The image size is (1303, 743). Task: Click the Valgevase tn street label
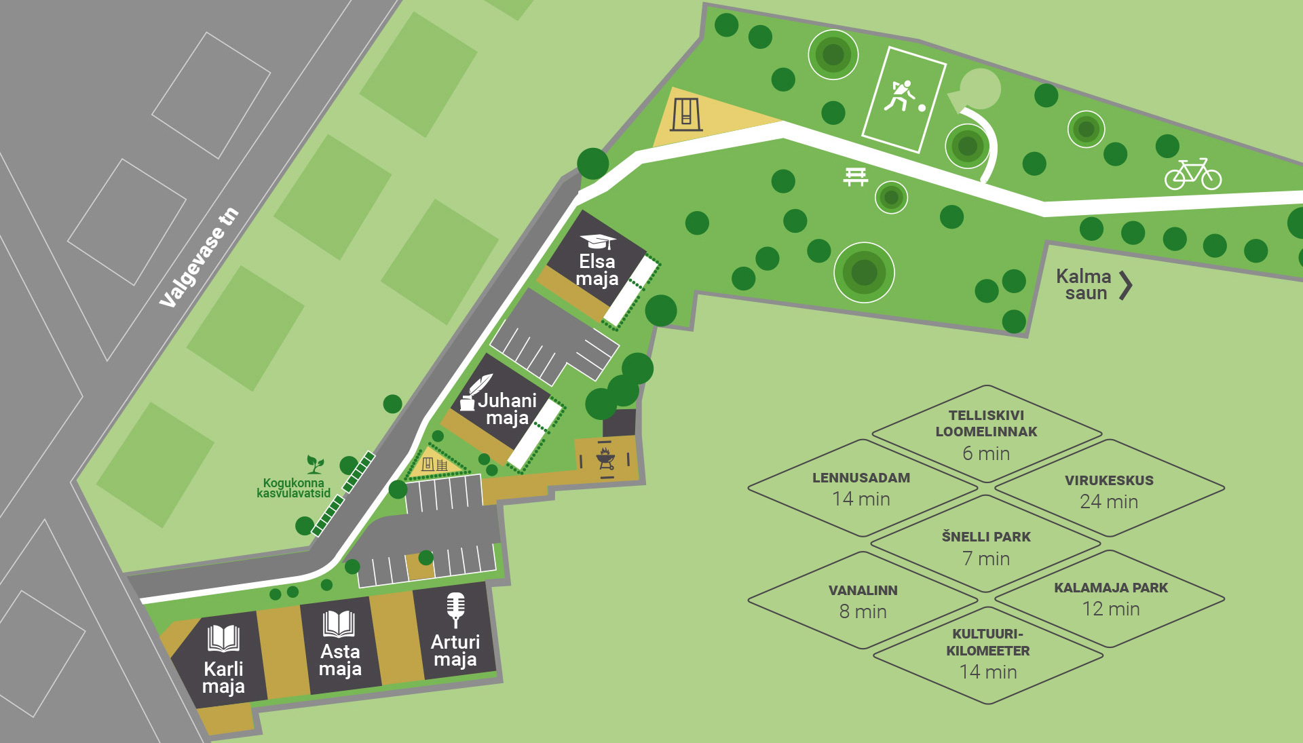coord(199,257)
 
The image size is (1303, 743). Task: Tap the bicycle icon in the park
coord(1193,174)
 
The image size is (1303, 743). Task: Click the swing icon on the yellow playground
coord(686,114)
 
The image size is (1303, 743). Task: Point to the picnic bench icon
coord(856,176)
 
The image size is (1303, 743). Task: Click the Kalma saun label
coord(1084,285)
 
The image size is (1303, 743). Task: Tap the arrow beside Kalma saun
coord(1126,286)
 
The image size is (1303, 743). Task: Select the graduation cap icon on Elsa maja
coord(599,241)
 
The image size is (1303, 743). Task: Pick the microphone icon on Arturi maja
coord(455,609)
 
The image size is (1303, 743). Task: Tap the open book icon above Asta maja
coord(339,624)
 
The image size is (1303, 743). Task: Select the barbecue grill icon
coord(605,457)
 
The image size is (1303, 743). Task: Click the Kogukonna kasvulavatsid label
coord(294,488)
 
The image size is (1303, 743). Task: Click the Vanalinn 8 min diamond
coord(863,601)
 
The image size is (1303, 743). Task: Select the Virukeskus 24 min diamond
coord(1110,489)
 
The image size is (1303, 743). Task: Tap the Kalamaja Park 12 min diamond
coord(1110,599)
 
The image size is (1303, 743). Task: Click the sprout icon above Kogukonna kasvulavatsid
coord(315,464)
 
